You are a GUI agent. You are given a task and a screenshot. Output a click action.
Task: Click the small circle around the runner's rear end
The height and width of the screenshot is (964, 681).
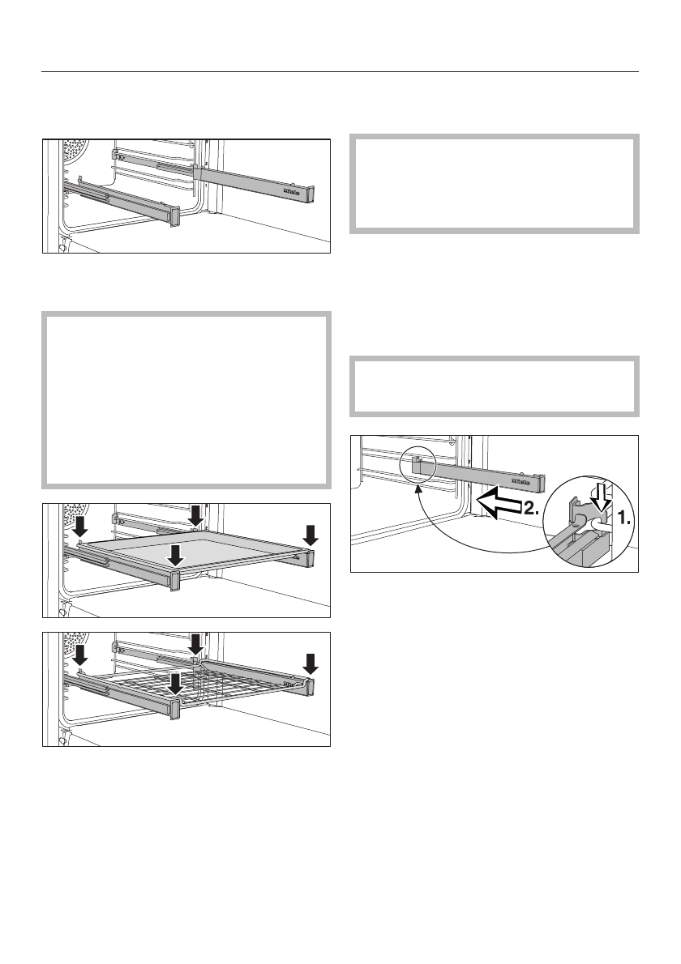(419, 466)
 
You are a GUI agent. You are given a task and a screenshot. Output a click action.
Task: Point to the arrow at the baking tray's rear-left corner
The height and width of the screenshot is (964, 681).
(79, 526)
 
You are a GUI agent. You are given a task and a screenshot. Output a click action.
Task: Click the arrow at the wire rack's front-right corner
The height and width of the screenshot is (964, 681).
(312, 663)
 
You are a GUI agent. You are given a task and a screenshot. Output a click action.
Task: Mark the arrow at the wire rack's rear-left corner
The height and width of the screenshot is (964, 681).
(79, 653)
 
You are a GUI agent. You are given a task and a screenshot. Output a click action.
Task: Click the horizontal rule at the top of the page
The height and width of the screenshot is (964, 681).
(340, 71)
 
